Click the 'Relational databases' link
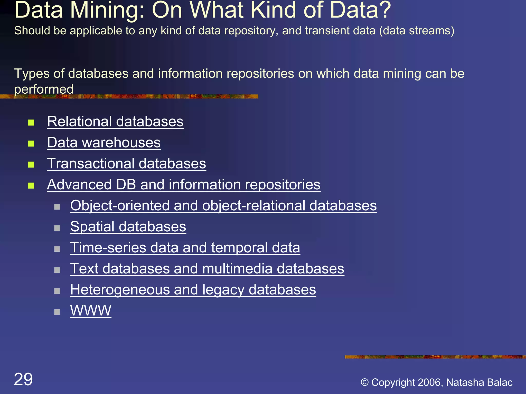coord(115,121)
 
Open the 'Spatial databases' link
coord(128,226)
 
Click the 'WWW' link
coord(91,310)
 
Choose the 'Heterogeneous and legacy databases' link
coord(193,290)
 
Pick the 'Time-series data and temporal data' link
coord(185,248)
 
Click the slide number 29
coord(23,379)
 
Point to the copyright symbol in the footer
coord(365,382)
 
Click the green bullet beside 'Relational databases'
coord(31,123)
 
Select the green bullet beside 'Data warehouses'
coord(31,144)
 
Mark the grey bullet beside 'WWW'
coord(57,312)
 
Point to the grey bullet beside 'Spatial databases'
coord(57,228)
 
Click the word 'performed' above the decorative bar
coord(44,89)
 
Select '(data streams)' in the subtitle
coord(417,31)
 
